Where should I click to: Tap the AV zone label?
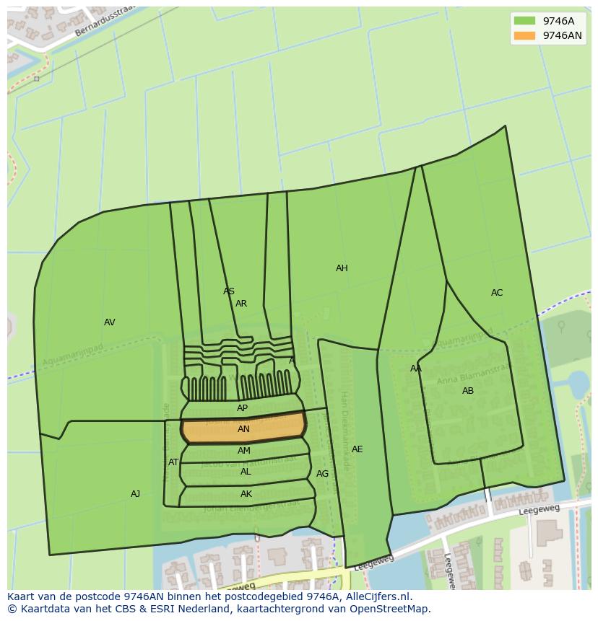109,322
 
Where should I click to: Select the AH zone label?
342,268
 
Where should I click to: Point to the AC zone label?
497,293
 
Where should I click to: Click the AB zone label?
468,391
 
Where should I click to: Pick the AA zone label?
416,369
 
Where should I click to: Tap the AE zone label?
357,449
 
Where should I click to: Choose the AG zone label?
322,474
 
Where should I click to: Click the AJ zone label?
135,494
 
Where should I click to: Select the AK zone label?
246,494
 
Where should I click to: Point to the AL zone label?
246,472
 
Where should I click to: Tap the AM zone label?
244,451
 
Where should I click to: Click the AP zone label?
242,408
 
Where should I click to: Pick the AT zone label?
173,462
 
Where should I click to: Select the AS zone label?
229,291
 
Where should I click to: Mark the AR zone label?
241,304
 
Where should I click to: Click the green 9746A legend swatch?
525,21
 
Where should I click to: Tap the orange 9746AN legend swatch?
525,35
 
